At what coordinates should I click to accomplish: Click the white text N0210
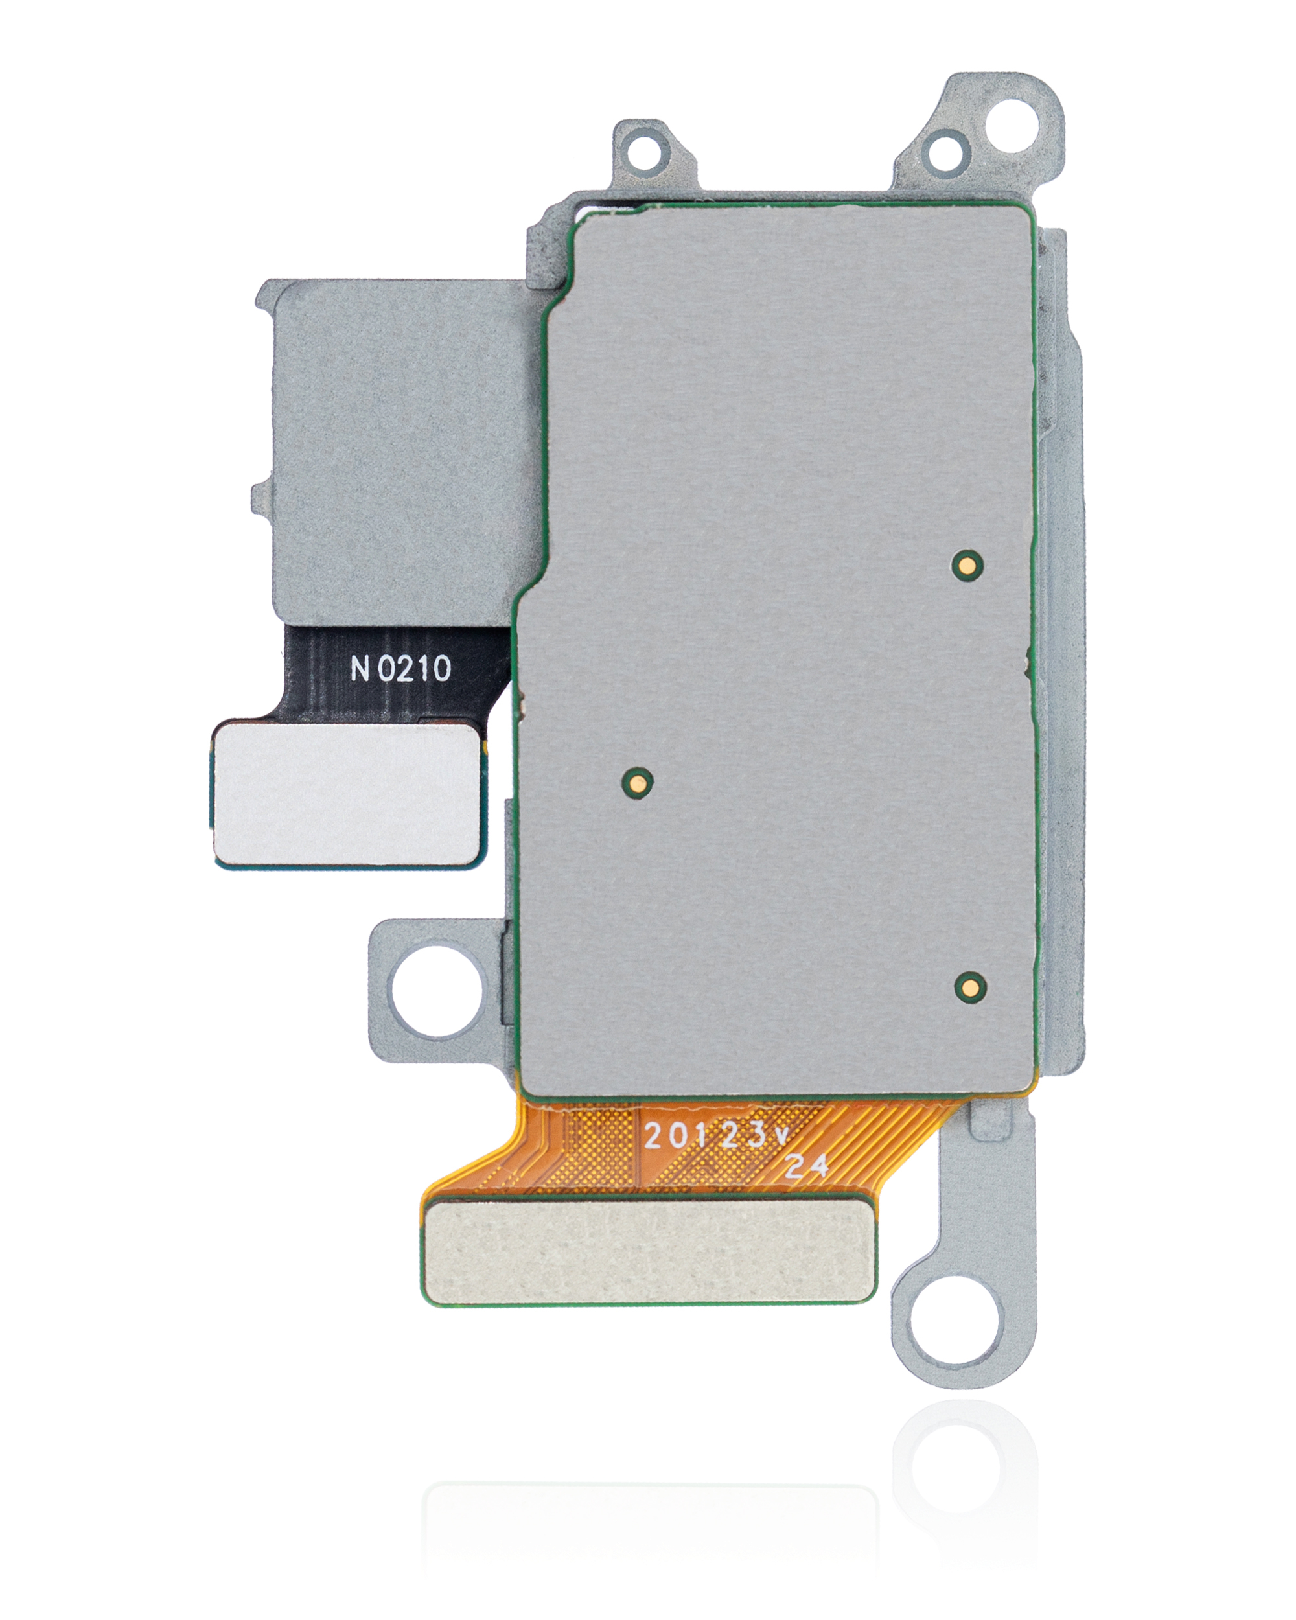pos(400,668)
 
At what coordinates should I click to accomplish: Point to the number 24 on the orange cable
pos(807,1166)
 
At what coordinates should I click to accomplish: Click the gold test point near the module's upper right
pos(967,564)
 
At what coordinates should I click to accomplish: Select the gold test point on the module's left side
pos(636,781)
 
